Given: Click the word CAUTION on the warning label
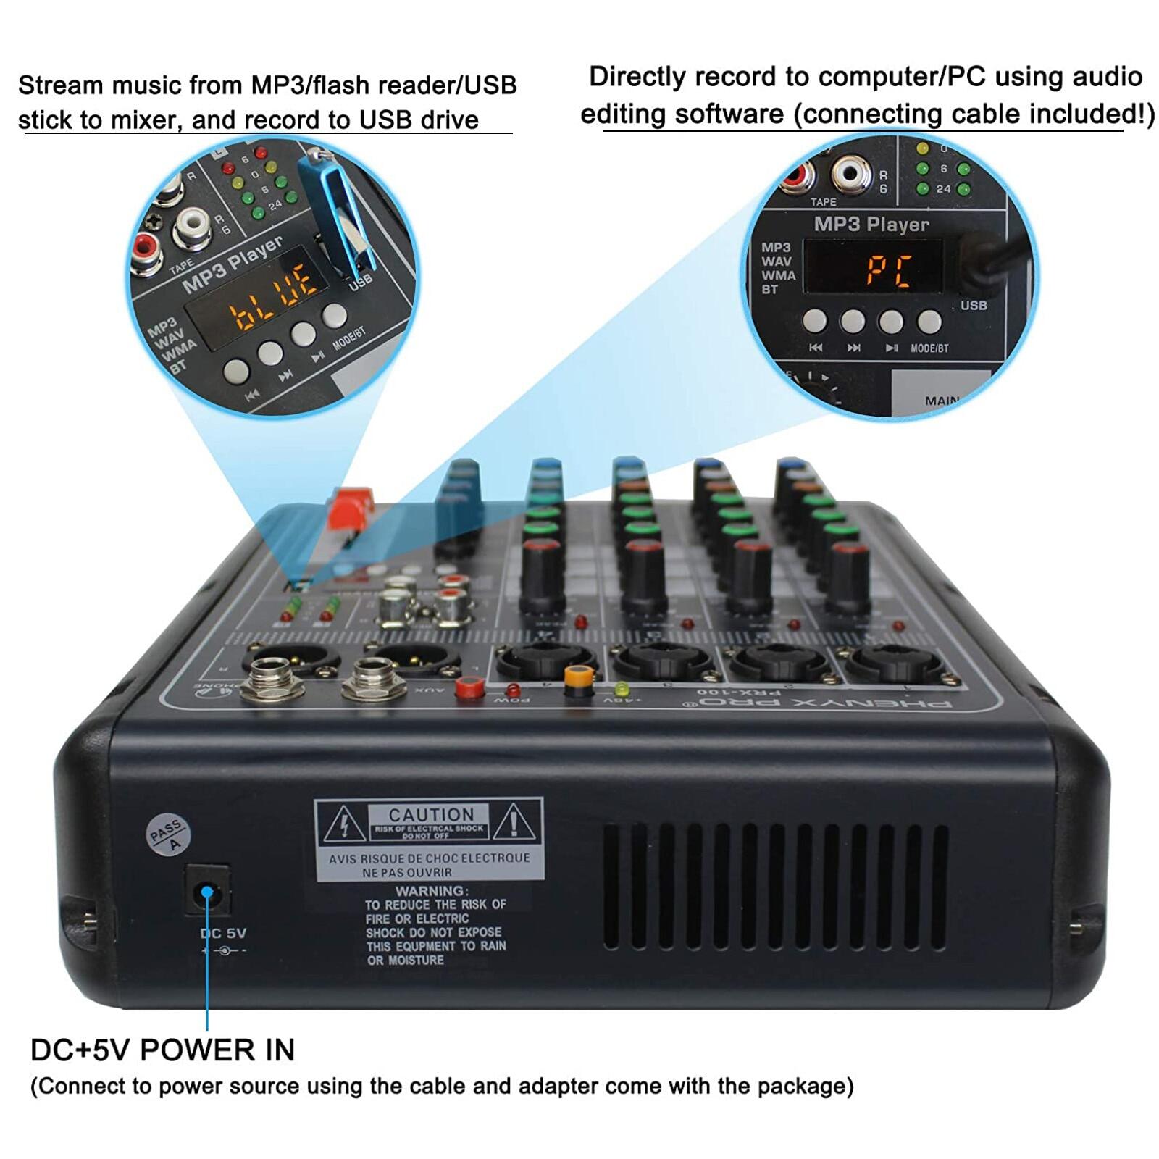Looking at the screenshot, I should click(x=431, y=814).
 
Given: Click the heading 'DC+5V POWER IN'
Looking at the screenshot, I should click(x=162, y=1050).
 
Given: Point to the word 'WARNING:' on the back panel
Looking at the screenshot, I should click(x=432, y=890).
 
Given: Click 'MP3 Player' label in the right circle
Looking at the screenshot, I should click(x=871, y=225).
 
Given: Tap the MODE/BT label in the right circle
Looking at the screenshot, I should click(x=929, y=348).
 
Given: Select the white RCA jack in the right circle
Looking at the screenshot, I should click(x=851, y=174).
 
